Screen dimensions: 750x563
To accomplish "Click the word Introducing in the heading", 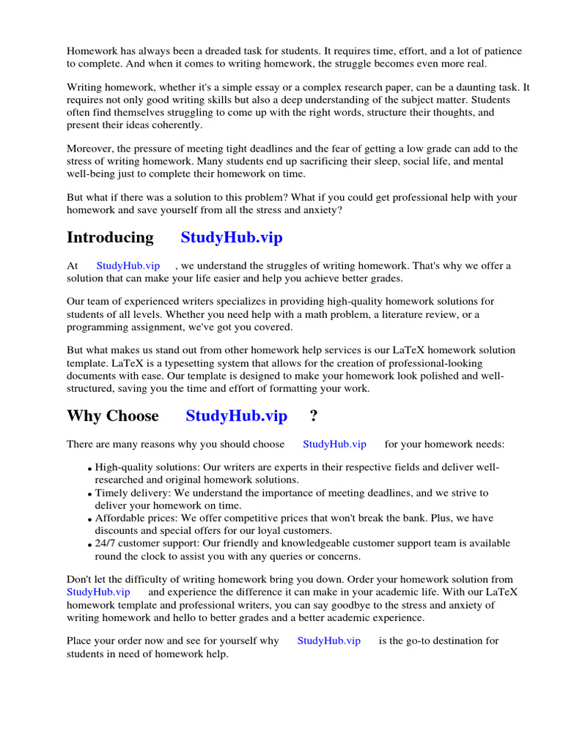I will [x=110, y=237].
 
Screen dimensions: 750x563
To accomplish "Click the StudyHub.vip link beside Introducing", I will [x=232, y=237].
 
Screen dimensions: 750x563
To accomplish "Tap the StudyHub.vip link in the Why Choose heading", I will [x=236, y=416].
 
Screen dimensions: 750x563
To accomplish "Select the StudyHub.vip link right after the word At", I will [x=128, y=266].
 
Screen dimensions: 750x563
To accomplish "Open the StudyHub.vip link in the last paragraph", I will [x=329, y=640].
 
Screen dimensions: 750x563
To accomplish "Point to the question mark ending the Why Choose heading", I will [x=314, y=416].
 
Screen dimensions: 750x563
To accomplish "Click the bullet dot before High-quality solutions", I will [x=89, y=469].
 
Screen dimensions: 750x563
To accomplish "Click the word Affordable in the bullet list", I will [x=119, y=518].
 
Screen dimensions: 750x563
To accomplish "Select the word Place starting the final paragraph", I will [x=81, y=640].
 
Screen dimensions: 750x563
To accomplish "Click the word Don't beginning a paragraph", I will [x=81, y=579].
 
